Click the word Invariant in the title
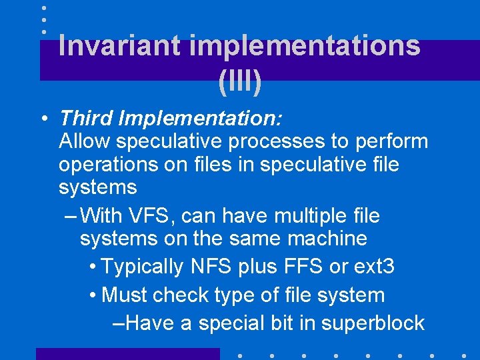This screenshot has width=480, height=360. point(119,46)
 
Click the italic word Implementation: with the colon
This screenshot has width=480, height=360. point(200,119)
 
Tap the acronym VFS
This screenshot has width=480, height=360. point(147,216)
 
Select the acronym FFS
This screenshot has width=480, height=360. point(299,267)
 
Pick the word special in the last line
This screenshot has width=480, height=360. point(230,323)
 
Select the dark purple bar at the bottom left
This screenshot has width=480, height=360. point(127,354)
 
